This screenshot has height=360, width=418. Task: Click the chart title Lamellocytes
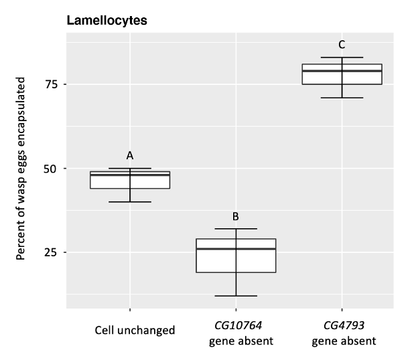(x=107, y=21)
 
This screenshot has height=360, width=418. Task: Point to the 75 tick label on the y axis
(x=50, y=84)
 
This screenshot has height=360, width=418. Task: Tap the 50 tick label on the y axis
(x=50, y=169)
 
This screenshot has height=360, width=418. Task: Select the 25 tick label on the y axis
(x=50, y=252)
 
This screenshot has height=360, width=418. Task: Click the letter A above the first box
(x=130, y=155)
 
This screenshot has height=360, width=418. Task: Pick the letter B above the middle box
(x=236, y=216)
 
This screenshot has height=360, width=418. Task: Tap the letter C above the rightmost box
(x=342, y=45)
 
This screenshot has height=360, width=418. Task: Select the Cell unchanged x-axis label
(x=135, y=330)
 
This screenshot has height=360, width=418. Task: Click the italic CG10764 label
(x=236, y=327)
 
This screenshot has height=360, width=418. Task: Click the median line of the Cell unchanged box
(x=130, y=175)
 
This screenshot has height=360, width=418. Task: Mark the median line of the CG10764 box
(x=236, y=249)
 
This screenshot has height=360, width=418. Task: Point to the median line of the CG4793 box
(x=342, y=71)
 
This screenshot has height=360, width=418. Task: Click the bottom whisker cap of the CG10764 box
(x=236, y=296)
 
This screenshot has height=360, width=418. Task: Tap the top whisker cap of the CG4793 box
(x=342, y=58)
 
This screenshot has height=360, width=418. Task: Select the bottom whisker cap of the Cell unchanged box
(x=130, y=201)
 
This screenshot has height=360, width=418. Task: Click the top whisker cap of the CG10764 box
(x=236, y=229)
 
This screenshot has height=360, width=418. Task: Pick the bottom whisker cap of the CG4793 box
(x=342, y=98)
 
